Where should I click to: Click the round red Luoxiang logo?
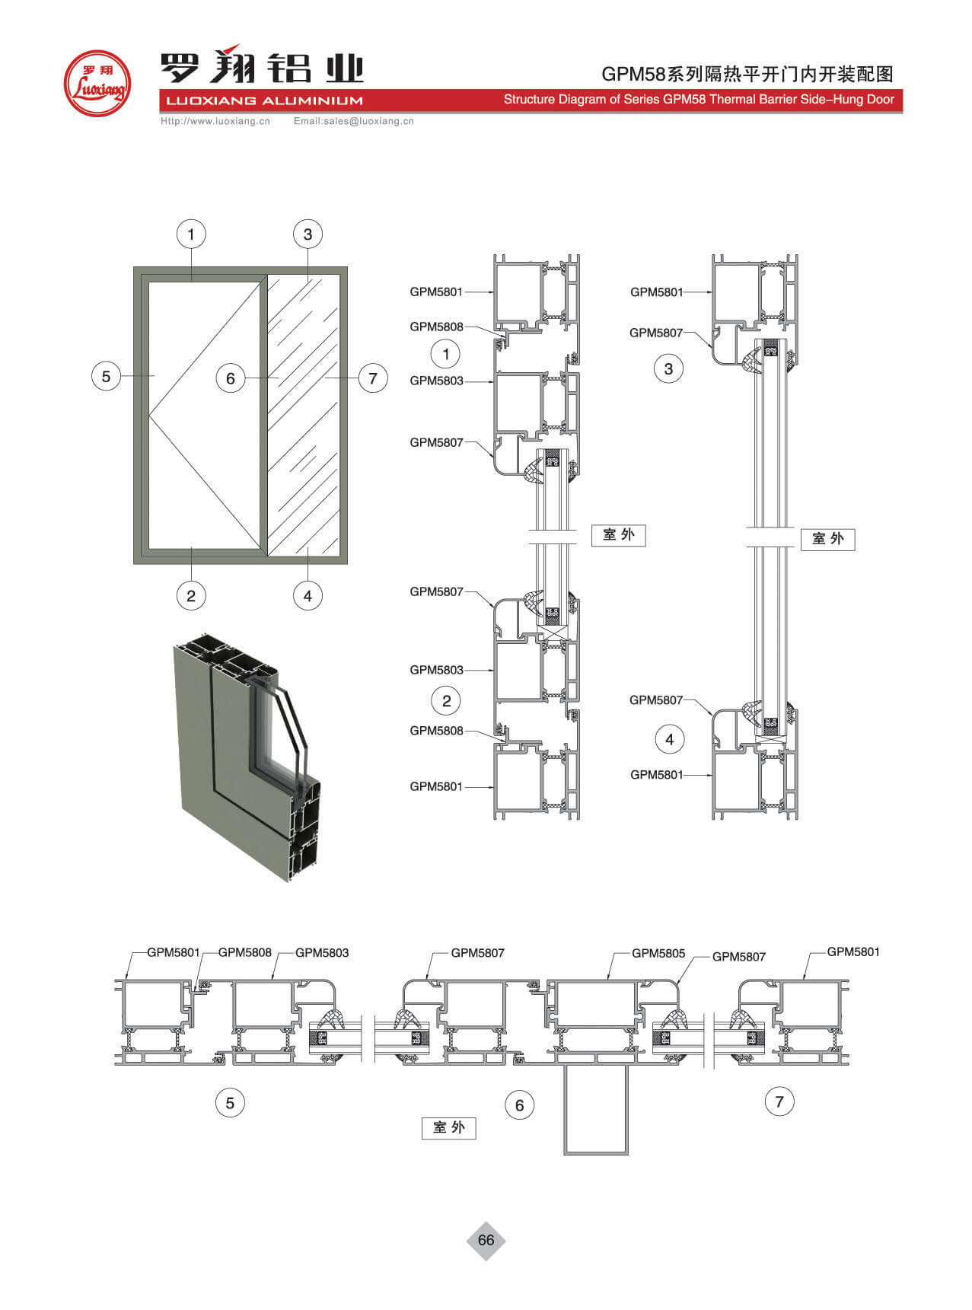pos(97,82)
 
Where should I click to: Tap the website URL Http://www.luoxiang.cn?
pos(215,121)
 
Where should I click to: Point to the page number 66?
pos(486,1240)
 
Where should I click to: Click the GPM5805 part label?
pos(658,953)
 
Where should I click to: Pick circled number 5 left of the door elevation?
pos(106,376)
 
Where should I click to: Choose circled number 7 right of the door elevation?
pos(373,378)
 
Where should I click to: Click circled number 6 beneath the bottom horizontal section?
pos(520,1105)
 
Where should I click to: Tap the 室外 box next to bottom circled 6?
pos(449,1127)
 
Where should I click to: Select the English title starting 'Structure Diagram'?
pos(699,99)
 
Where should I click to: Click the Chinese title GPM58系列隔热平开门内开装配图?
pos(747,74)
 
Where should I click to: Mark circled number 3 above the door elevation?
pos(308,234)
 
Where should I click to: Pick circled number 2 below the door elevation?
pos(191,595)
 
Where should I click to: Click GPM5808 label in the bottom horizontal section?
pos(244,952)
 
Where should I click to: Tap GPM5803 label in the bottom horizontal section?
pos(322,952)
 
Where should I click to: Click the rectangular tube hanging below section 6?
pos(596,1108)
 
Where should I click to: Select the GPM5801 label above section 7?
pos(853,951)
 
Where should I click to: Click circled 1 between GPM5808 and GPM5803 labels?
pos(446,353)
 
